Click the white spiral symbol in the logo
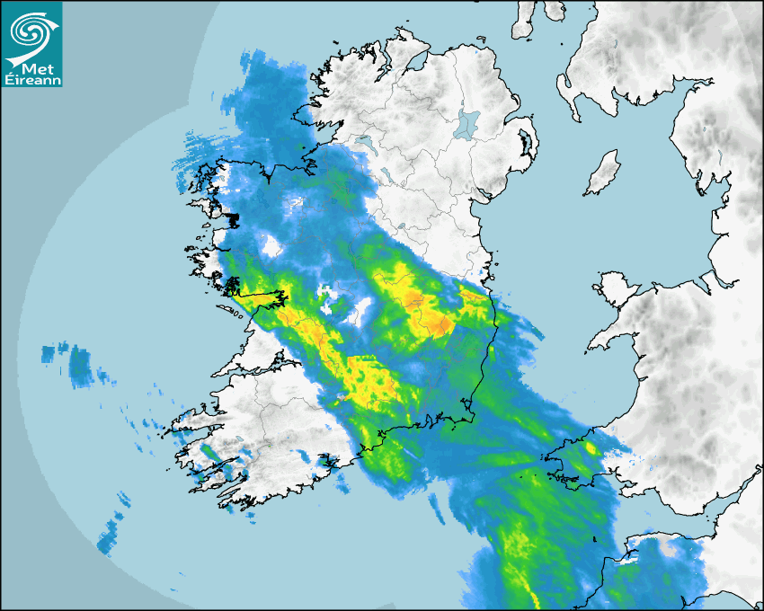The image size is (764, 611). point(30,31)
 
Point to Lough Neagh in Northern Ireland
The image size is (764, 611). point(467,124)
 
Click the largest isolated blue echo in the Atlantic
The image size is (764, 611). point(80,366)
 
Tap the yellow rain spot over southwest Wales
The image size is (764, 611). point(590,447)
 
